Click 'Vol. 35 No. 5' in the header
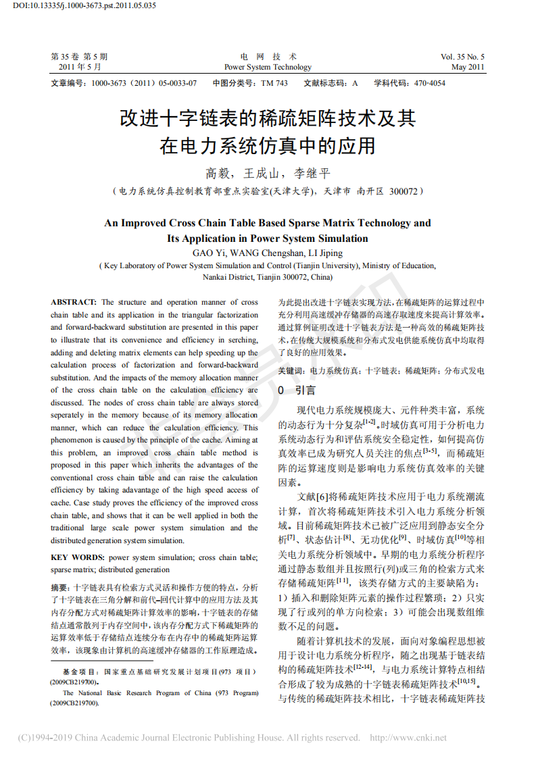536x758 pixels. click(x=462, y=57)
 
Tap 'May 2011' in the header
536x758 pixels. click(x=468, y=67)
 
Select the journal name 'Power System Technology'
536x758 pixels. click(x=268, y=67)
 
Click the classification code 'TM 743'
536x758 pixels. click(x=274, y=83)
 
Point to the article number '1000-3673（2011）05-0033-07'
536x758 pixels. click(x=143, y=83)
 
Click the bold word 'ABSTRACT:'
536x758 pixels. click(x=74, y=302)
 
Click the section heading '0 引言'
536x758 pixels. click(x=297, y=390)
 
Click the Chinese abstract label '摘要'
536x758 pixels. click(x=60, y=587)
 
